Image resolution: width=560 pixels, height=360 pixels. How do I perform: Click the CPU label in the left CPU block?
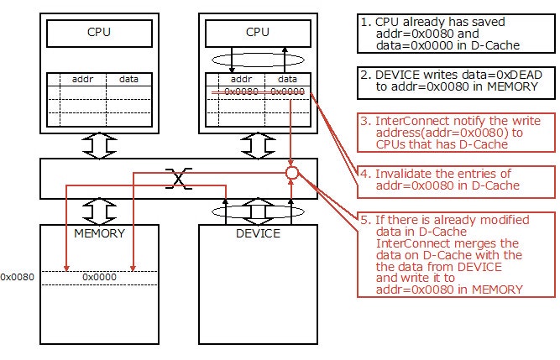click(x=99, y=34)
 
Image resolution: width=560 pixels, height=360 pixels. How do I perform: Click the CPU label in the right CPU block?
click(x=259, y=34)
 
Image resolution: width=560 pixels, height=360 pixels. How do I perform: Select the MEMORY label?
click(x=99, y=232)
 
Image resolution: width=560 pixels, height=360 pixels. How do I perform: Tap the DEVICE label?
click(x=259, y=232)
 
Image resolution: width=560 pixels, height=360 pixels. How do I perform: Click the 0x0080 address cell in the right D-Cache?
click(x=241, y=91)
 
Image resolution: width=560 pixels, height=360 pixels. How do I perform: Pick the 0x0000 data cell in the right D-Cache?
click(x=288, y=91)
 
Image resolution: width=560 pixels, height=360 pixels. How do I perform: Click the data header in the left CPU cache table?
click(x=128, y=78)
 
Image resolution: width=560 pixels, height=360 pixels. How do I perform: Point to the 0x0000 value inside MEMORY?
click(x=99, y=276)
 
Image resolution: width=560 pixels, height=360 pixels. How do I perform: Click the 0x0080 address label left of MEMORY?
click(x=17, y=276)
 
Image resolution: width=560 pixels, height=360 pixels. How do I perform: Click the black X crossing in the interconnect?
click(x=177, y=177)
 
